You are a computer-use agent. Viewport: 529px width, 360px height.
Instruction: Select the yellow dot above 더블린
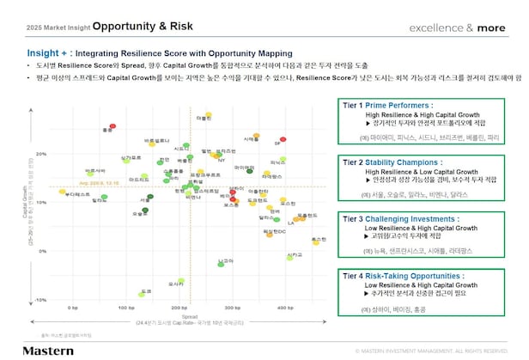207,113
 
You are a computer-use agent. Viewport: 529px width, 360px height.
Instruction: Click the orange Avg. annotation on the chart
96,183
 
